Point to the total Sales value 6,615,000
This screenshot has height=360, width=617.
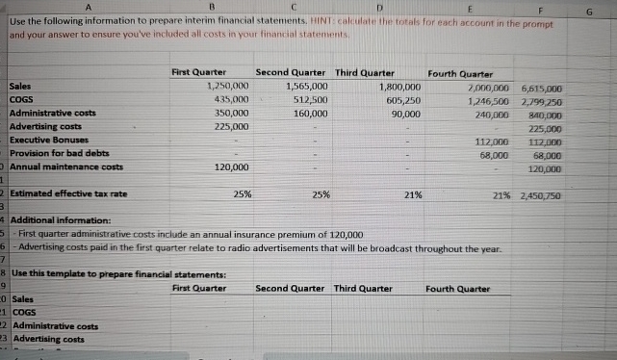[539, 87]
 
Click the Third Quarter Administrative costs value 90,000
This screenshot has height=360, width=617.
[404, 113]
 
